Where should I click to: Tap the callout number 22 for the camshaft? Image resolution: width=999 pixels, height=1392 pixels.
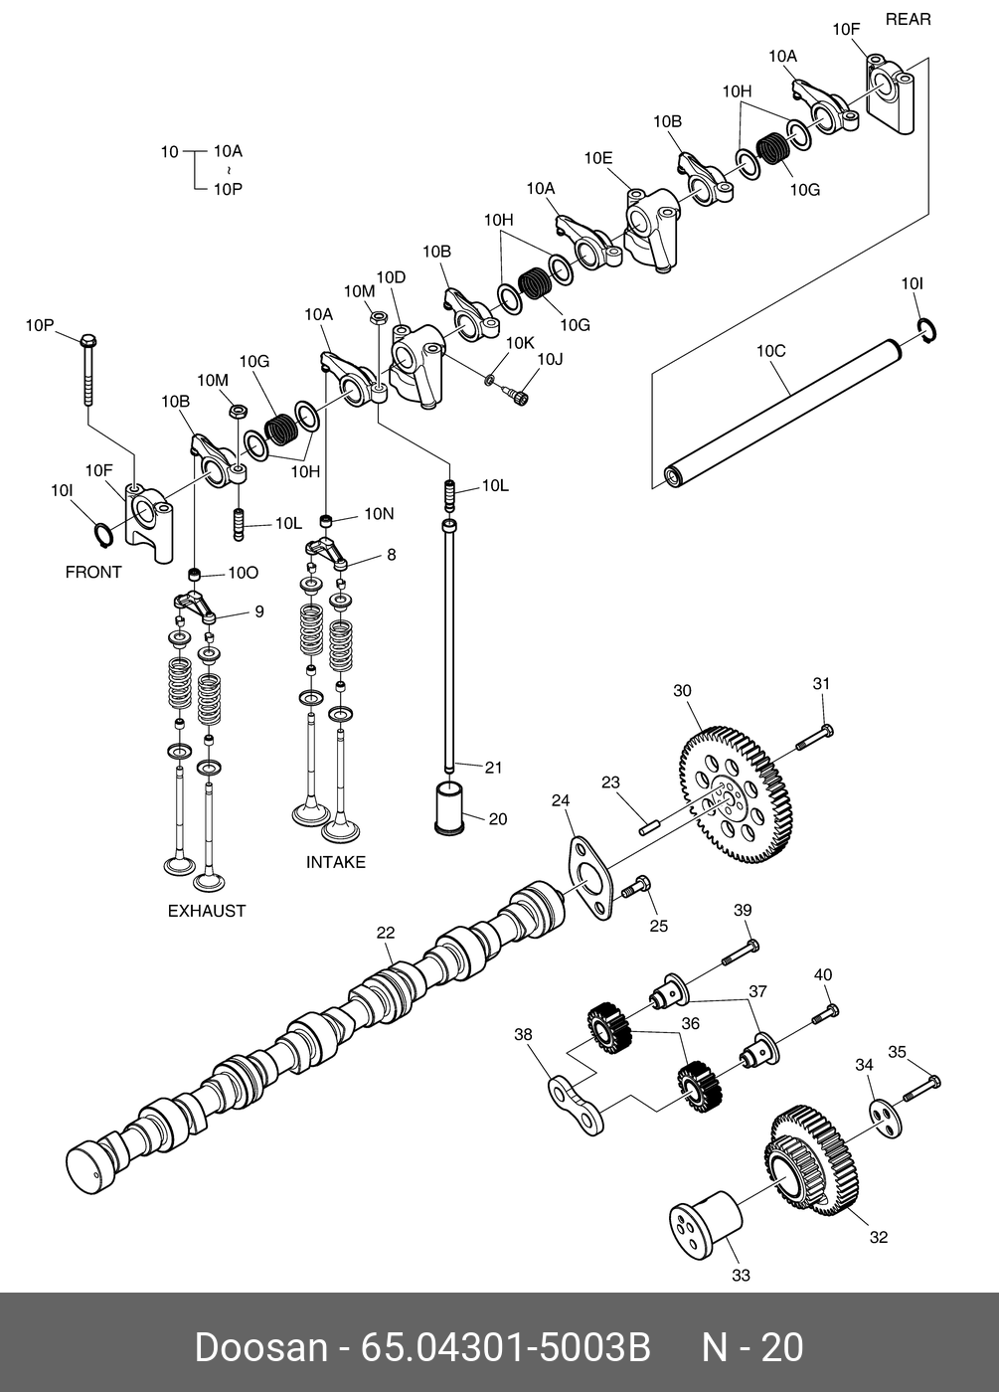pos(386,933)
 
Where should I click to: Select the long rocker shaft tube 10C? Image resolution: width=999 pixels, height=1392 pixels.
pos(785,410)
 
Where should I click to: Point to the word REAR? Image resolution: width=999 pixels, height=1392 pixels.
pos(908,19)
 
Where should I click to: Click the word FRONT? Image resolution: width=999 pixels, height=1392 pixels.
pos(93,572)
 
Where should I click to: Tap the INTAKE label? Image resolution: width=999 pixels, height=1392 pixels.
pos(335,862)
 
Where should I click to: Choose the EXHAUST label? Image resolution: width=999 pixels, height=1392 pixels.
pos(206,911)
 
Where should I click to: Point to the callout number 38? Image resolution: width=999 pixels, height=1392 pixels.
pos(523,1034)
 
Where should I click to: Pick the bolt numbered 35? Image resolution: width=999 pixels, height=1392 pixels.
pos(921,1088)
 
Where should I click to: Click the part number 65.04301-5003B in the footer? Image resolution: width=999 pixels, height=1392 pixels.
pos(505,1347)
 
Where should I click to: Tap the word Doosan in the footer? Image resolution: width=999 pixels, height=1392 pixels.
pos(260,1347)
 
